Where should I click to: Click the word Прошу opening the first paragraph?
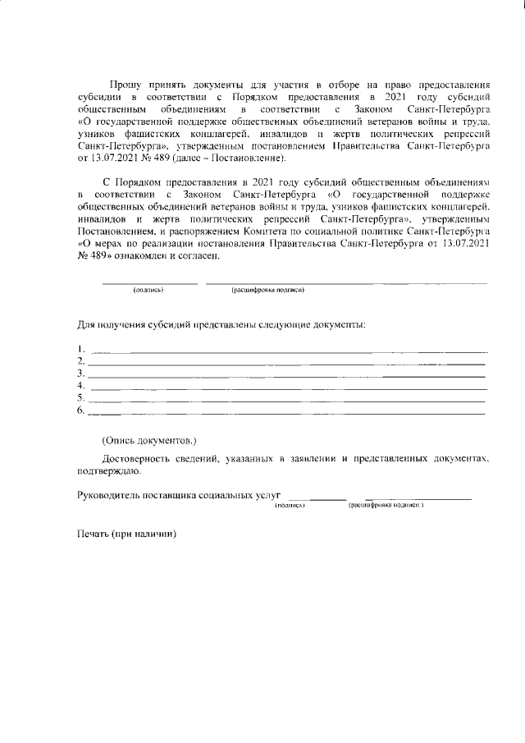[126, 85]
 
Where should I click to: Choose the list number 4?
[80, 386]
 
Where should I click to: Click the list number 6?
[80, 410]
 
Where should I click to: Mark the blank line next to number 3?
[287, 376]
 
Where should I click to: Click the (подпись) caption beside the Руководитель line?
[290, 507]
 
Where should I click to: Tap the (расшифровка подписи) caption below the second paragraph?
[268, 291]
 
